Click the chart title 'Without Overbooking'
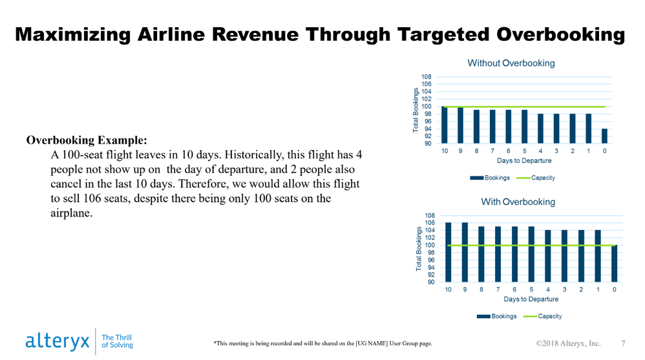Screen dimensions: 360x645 [511, 63]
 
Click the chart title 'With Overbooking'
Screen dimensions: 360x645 [518, 202]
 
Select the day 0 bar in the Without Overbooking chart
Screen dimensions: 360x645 [604, 136]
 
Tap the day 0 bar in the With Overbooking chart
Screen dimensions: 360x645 [614, 264]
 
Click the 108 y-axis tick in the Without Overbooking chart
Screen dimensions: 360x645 [427, 76]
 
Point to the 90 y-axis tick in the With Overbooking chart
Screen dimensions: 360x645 [430, 282]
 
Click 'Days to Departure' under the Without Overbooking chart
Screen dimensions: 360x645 [523, 160]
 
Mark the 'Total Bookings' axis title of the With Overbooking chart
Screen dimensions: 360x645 [419, 248]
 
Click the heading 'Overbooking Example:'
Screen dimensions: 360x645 [87, 140]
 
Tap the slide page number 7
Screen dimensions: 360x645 [623, 343]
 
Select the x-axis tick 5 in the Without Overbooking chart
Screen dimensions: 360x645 [524, 151]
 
